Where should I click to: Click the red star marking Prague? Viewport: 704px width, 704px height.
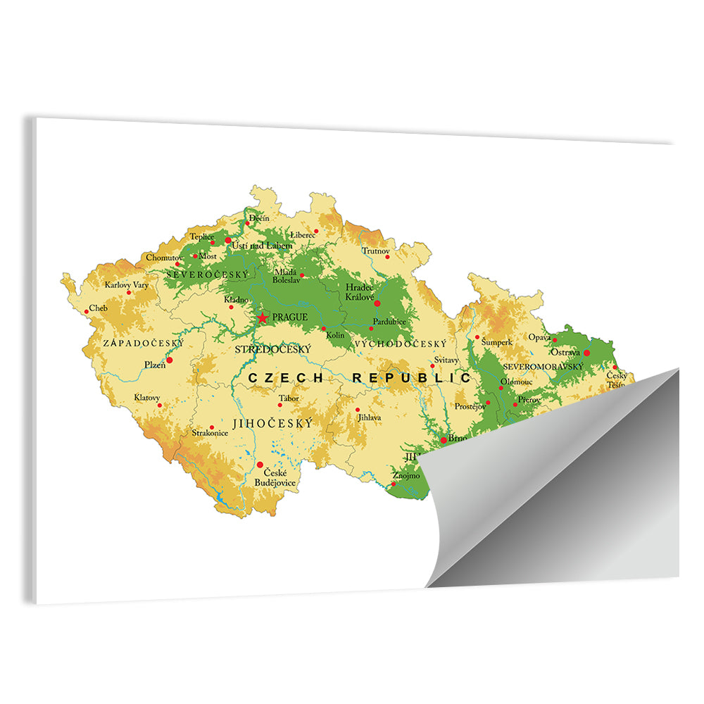click(x=263, y=318)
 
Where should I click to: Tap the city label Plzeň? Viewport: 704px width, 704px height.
click(x=154, y=364)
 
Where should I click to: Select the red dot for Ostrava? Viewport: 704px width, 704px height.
click(x=586, y=353)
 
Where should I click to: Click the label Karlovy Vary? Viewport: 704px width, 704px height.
click(x=127, y=285)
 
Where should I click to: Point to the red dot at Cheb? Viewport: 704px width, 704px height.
click(x=87, y=311)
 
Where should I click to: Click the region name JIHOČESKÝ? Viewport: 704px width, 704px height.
click(x=272, y=424)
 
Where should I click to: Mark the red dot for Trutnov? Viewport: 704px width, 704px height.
click(x=386, y=257)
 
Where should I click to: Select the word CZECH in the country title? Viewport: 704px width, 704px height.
click(x=285, y=378)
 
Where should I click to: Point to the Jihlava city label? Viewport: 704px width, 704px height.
click(x=369, y=417)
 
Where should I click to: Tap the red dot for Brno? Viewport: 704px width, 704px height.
click(x=443, y=440)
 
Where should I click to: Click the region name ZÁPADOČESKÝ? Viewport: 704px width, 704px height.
click(x=143, y=343)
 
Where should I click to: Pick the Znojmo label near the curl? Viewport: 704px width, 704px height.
click(x=406, y=476)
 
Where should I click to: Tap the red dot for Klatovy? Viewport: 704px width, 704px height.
click(x=160, y=405)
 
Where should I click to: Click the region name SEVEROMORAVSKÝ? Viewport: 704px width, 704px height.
click(x=543, y=367)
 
